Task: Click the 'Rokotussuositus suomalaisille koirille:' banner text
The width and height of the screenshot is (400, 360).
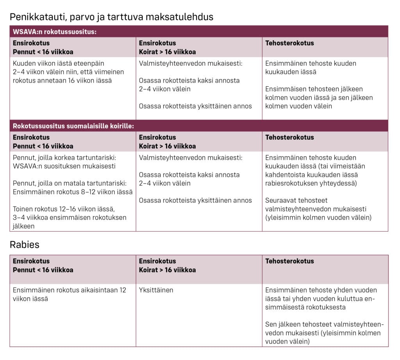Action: point(73,126)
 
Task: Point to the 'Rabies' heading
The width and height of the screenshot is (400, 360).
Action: point(24,245)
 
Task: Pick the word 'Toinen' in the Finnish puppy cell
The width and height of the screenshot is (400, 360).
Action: point(23,209)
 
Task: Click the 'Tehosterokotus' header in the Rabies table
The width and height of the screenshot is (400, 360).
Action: point(289,261)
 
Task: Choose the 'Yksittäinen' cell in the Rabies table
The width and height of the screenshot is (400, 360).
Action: point(156,290)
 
